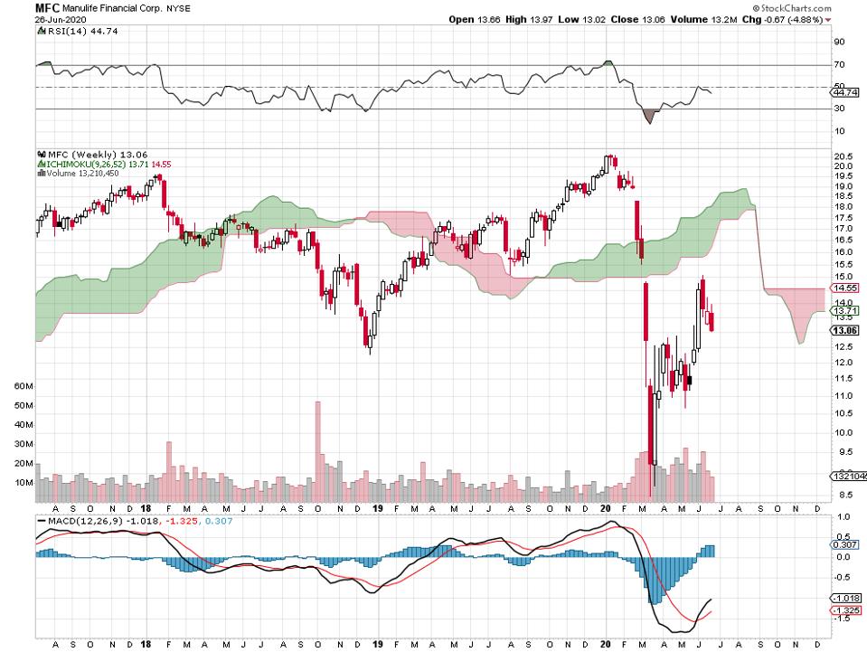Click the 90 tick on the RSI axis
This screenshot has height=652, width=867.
[x=839, y=41]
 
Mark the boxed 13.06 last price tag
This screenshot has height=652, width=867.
[x=843, y=330]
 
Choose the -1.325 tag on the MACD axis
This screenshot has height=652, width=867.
[x=844, y=610]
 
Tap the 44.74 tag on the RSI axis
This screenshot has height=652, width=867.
[x=844, y=92]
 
